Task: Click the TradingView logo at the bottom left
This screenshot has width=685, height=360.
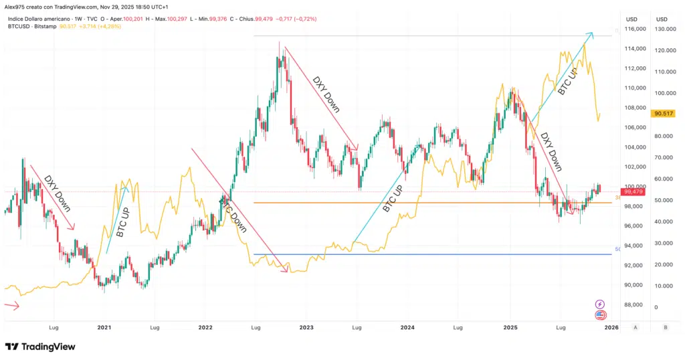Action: point(39,347)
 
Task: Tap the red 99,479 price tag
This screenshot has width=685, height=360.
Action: point(632,192)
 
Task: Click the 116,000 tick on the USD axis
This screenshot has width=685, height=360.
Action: point(635,29)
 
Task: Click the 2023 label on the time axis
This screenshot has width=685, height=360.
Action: point(306,328)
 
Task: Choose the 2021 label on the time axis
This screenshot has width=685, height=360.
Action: point(104,328)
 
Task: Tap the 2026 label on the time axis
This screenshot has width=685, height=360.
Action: point(611,328)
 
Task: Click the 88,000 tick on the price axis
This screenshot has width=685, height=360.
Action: point(635,305)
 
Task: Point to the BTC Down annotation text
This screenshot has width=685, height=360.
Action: point(233,214)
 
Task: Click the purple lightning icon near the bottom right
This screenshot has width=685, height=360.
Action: point(599,304)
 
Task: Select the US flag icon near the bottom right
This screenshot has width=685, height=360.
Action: point(599,315)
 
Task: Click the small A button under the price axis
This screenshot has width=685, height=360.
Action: point(635,328)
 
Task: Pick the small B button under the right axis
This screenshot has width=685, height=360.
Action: point(664,328)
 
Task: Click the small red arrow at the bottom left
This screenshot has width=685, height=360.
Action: point(11,306)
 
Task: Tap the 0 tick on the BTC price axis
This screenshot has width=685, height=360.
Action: point(656,307)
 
